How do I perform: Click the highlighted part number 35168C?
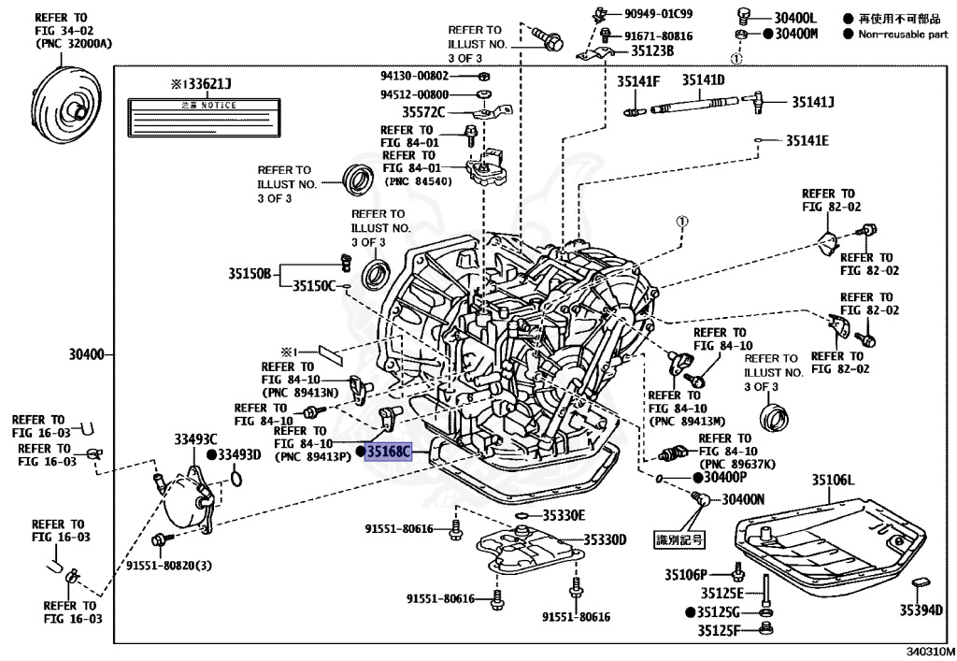click(388, 453)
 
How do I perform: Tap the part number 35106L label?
click(833, 480)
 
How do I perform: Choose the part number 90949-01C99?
click(659, 13)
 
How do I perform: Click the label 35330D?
click(605, 539)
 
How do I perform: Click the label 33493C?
click(194, 438)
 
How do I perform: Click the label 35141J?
click(813, 101)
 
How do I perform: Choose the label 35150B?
click(249, 274)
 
